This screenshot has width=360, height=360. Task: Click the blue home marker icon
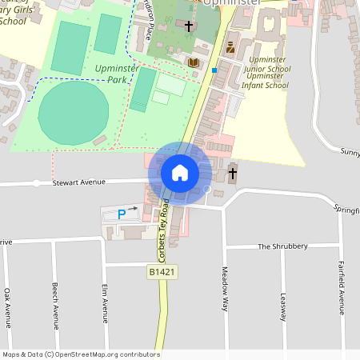pyautogui.click(x=180, y=173)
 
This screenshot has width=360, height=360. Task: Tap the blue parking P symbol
pyautogui.click(x=122, y=214)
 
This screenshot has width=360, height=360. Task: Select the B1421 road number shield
pyautogui.click(x=162, y=272)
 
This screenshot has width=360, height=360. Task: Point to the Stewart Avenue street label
pyautogui.click(x=79, y=182)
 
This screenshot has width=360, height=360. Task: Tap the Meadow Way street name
pyautogui.click(x=226, y=289)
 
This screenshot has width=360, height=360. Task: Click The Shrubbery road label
pyautogui.click(x=282, y=246)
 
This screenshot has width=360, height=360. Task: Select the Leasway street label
pyautogui.click(x=282, y=304)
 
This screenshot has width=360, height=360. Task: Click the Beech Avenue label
pyautogui.click(x=55, y=306)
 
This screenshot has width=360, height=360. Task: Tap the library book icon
pyautogui.click(x=193, y=62)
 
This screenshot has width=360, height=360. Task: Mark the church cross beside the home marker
pyautogui.click(x=233, y=173)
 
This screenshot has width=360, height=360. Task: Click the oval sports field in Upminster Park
pyautogui.click(x=74, y=112)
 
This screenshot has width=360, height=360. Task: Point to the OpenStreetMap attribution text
pyautogui.click(x=81, y=354)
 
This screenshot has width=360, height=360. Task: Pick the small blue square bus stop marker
pyautogui.click(x=214, y=70)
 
